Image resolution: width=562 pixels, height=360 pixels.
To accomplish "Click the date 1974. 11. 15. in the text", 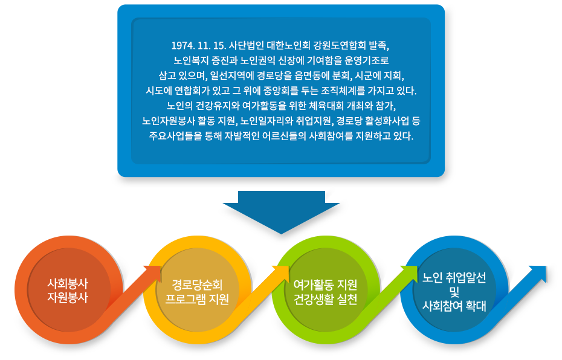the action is point(199,45).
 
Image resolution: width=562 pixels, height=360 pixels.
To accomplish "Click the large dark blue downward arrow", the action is point(282,212).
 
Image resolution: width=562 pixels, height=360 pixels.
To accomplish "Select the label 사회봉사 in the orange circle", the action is point(68,284).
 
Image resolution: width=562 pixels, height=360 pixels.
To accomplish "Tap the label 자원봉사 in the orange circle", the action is point(68,297).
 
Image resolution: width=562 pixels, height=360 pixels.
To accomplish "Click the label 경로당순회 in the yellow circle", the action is point(197,284).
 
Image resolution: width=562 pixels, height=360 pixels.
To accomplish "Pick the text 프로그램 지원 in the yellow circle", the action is point(197,299).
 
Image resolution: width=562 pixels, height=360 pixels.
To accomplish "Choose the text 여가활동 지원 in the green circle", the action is point(326,284).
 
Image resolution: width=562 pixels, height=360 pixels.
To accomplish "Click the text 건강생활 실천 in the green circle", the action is point(326,299).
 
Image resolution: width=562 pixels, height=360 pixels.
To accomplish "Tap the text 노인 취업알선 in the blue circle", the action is point(454,278).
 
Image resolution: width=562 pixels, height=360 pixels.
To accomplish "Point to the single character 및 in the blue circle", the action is point(454,292).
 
